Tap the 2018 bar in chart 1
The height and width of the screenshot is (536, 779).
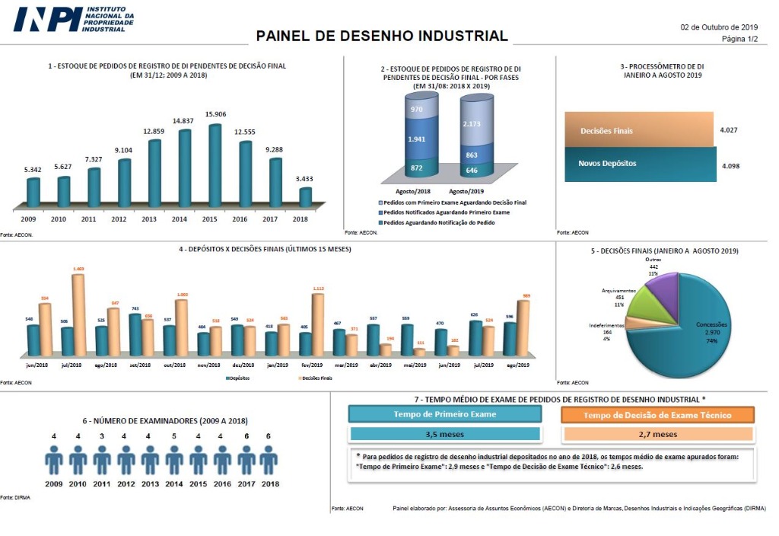(x=305, y=196)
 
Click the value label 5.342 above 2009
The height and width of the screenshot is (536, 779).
(x=33, y=169)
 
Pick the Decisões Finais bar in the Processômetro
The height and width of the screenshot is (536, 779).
(x=638, y=130)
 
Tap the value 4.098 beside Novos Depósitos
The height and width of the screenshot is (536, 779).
(x=730, y=164)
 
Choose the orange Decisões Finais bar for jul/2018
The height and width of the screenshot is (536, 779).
(x=78, y=314)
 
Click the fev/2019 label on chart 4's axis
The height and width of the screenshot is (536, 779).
(x=312, y=365)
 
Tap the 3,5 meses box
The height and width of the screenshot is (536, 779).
(x=445, y=435)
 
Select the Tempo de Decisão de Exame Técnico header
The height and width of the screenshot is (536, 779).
(x=657, y=415)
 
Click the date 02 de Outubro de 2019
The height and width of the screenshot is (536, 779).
(x=719, y=27)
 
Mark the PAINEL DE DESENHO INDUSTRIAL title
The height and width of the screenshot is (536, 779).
(x=382, y=36)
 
